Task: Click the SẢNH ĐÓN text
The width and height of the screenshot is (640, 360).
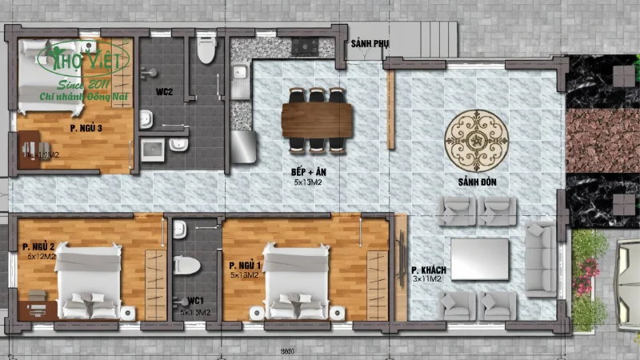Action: pyautogui.click(x=478, y=182)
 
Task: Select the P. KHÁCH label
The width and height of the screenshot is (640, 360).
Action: pyautogui.click(x=429, y=271)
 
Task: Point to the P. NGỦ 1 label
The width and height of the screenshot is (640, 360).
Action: pyautogui.click(x=245, y=265)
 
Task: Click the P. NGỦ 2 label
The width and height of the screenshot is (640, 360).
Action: pyautogui.click(x=40, y=246)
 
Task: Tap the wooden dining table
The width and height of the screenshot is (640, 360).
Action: pyautogui.click(x=317, y=121)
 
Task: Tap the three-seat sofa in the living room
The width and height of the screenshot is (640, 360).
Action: pyautogui.click(x=541, y=259)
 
